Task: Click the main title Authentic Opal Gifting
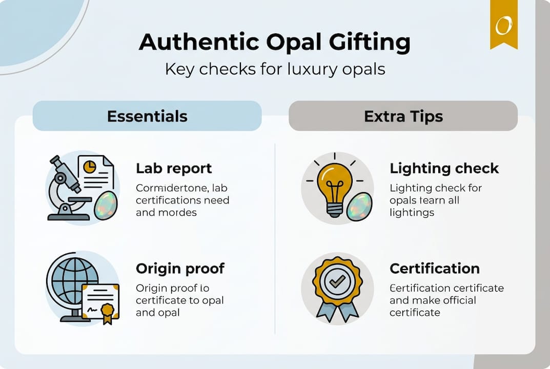point(275,43)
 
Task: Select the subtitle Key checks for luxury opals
point(275,69)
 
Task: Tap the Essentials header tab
point(147,116)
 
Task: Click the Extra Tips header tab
point(403,116)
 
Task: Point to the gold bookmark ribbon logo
point(503,24)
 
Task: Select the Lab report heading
point(174,168)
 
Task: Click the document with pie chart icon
point(95,172)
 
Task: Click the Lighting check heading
point(444,168)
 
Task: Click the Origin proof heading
point(180,269)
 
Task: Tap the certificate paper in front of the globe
point(100,301)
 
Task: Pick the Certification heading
point(435,269)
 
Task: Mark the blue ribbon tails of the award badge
point(337,311)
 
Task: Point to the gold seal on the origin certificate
point(107,311)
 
